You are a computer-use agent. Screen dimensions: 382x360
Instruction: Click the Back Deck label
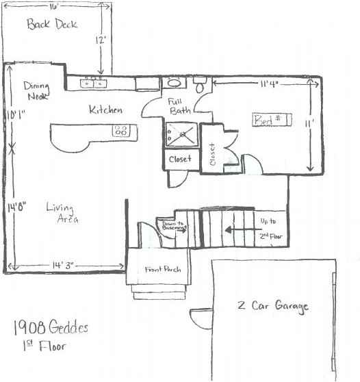(x=52, y=25)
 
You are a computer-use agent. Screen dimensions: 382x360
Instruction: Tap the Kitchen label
(x=105, y=110)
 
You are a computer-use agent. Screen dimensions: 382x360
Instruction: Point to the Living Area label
(x=62, y=213)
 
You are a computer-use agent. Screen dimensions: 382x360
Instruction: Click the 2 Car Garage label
(x=273, y=306)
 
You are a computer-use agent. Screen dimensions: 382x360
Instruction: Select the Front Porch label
(x=162, y=270)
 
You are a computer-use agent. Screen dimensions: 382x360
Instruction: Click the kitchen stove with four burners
(x=122, y=130)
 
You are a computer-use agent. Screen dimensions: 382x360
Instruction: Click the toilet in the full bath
(x=201, y=86)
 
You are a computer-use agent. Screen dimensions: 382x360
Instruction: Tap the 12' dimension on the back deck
(x=101, y=40)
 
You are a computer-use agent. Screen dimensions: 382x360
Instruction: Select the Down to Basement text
(x=171, y=226)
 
